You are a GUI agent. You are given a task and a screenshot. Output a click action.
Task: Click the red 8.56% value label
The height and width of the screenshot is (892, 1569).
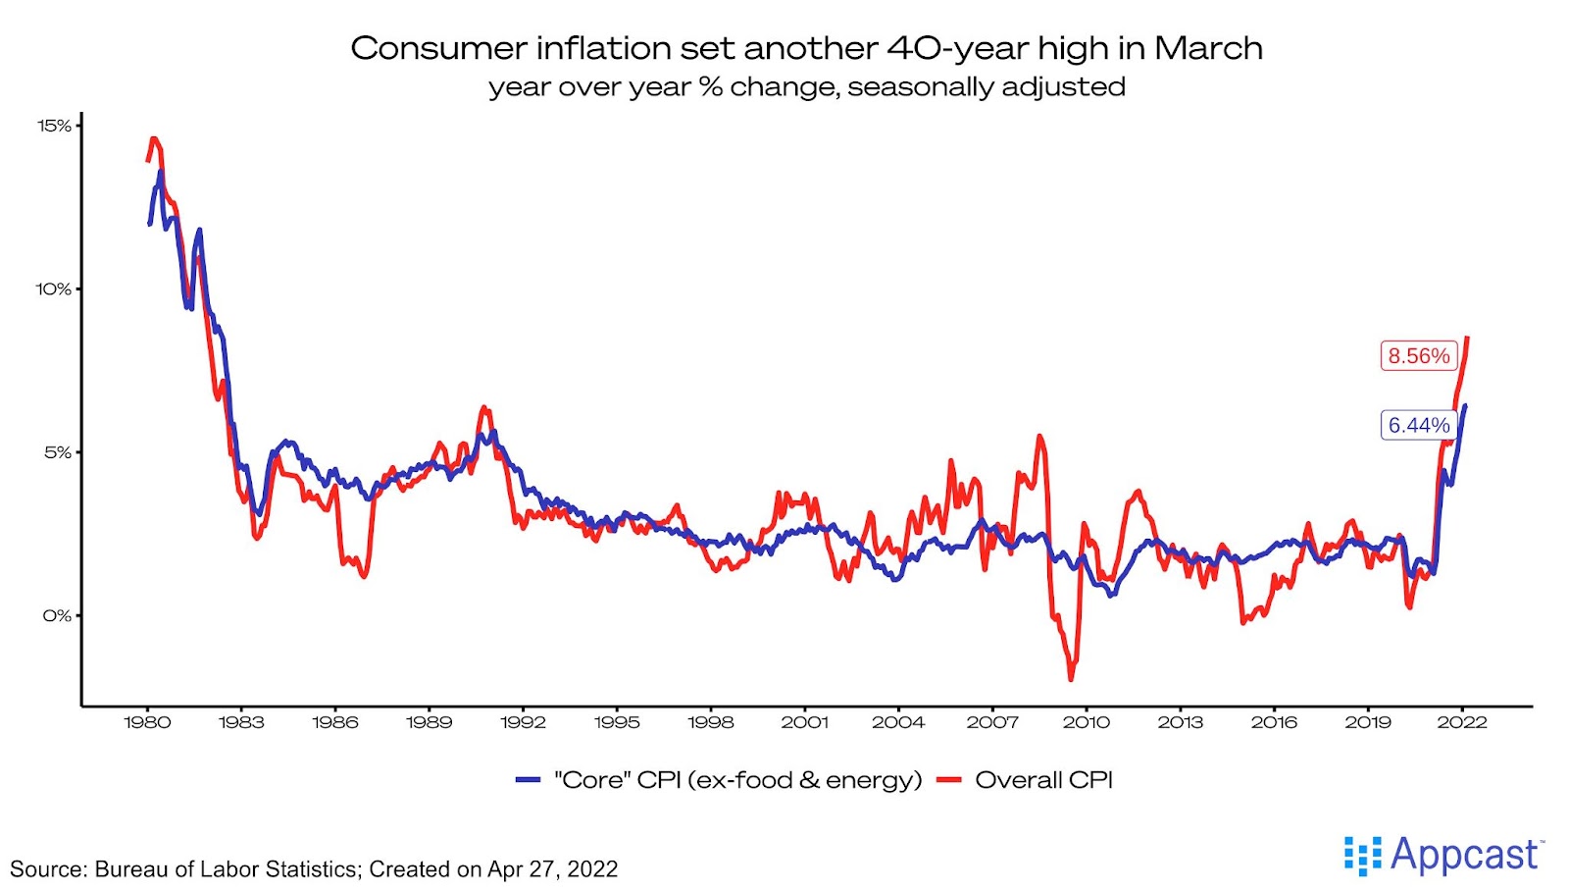(1418, 355)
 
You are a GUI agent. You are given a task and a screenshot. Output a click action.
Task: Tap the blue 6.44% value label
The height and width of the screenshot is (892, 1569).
(1418, 425)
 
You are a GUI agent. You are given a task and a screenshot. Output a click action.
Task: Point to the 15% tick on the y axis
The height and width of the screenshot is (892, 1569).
(55, 126)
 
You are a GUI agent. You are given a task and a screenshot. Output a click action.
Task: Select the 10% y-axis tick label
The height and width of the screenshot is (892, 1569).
(55, 289)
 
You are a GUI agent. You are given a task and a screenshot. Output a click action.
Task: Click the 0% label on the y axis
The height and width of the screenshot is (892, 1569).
(57, 615)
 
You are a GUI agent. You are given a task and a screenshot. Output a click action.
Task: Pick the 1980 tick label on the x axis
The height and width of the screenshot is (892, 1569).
(147, 722)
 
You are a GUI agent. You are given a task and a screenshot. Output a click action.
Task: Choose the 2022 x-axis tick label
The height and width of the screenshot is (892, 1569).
(1462, 722)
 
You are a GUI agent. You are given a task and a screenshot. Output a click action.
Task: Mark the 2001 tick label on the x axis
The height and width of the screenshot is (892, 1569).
(804, 722)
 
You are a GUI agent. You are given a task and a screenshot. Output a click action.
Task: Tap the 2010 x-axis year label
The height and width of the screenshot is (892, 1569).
(1087, 722)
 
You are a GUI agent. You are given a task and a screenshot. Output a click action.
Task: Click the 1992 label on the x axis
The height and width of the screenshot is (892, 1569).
(523, 722)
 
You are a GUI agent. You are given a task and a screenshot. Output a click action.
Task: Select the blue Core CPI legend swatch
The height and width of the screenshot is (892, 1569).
(529, 780)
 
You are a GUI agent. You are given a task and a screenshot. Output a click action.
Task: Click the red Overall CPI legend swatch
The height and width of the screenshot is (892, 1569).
(948, 780)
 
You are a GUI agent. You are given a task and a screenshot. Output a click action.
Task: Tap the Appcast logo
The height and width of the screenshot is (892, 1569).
(1442, 856)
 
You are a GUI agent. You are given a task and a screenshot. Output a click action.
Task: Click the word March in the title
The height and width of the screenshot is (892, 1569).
(1208, 48)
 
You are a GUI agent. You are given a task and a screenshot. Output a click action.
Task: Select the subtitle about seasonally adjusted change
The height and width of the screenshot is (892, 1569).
(806, 87)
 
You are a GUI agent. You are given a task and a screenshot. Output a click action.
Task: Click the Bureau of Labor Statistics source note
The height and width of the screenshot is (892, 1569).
(314, 869)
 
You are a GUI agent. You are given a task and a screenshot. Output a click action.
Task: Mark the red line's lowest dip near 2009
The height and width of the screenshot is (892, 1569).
(1071, 678)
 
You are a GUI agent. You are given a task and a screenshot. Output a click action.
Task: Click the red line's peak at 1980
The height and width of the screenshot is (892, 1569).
(154, 139)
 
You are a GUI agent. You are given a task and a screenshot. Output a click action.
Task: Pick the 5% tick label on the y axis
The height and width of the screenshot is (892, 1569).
(57, 452)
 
